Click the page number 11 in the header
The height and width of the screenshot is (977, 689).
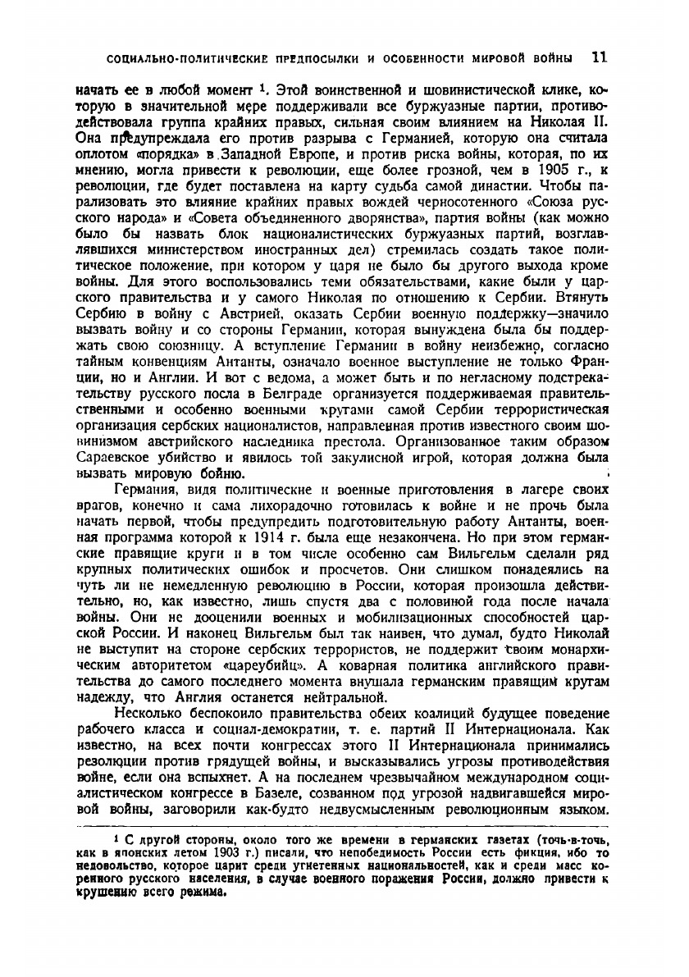click(x=598, y=58)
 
